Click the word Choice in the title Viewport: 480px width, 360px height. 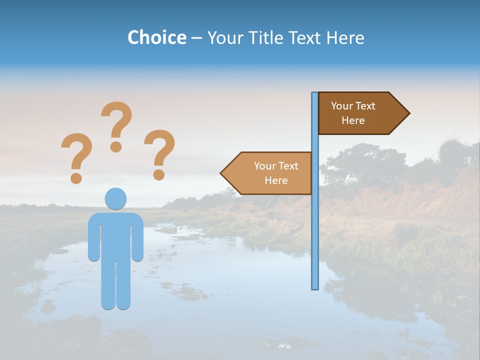click(x=156, y=37)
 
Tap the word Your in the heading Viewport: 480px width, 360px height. click(x=225, y=37)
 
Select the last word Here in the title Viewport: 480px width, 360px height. click(x=345, y=37)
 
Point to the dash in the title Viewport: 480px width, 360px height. click(x=196, y=38)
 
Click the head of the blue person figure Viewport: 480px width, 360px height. click(x=115, y=198)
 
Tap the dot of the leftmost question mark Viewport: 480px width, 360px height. click(x=76, y=177)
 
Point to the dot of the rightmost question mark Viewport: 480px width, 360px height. click(x=159, y=174)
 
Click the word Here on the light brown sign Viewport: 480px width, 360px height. click(x=276, y=180)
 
